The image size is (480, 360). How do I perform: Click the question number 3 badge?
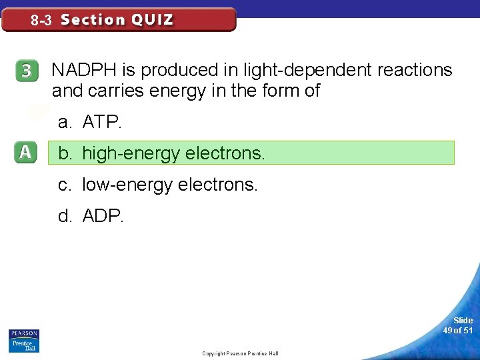[26, 71]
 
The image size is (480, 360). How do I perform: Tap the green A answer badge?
[25, 153]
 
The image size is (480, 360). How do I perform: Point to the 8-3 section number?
[41, 21]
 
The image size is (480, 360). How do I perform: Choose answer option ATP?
[102, 122]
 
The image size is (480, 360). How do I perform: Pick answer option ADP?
[103, 216]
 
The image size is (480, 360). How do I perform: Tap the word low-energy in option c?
[127, 185]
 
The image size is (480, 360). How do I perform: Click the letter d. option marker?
[65, 216]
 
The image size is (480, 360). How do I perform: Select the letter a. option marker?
[65, 122]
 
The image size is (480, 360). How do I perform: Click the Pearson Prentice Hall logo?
[23, 340]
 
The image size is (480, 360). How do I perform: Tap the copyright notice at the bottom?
[240, 353]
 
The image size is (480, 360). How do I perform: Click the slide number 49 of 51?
[458, 325]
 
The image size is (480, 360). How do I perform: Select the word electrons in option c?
[217, 185]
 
